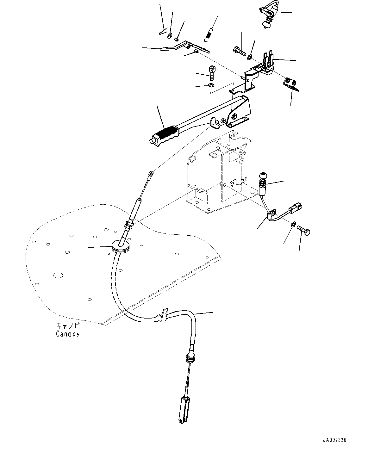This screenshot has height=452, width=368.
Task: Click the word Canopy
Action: coord(67,334)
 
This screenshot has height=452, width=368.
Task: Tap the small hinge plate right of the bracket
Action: coord(290,83)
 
